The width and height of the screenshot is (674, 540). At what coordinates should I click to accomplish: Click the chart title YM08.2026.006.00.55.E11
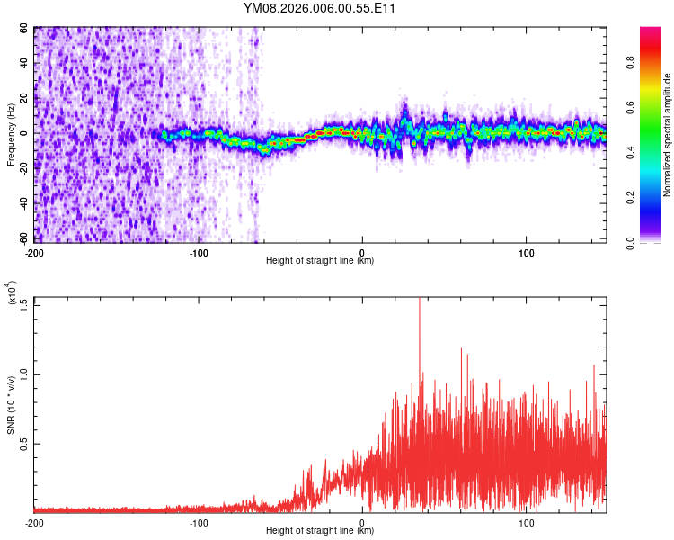point(320,8)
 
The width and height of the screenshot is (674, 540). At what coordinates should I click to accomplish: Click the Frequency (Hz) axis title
point(11,134)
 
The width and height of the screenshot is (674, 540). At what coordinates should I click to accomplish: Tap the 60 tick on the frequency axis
point(24,29)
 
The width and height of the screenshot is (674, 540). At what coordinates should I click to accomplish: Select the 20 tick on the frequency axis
point(24,98)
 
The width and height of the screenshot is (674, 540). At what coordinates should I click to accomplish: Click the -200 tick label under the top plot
point(34,251)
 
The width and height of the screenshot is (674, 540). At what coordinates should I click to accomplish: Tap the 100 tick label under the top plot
point(527,251)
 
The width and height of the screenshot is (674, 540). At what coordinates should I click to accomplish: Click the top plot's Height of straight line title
point(320,261)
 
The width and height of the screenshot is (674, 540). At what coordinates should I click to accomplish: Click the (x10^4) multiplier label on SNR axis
point(13,293)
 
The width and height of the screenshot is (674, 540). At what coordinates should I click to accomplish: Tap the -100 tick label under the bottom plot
point(199,521)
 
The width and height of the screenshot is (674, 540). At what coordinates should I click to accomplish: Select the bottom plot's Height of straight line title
point(320,531)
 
